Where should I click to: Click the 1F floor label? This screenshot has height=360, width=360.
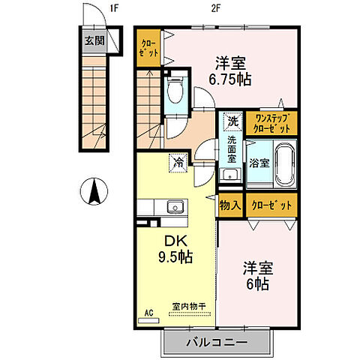click(x=114, y=8)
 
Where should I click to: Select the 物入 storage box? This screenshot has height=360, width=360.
click(x=230, y=205)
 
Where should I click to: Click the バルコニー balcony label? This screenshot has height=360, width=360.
click(x=217, y=344)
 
